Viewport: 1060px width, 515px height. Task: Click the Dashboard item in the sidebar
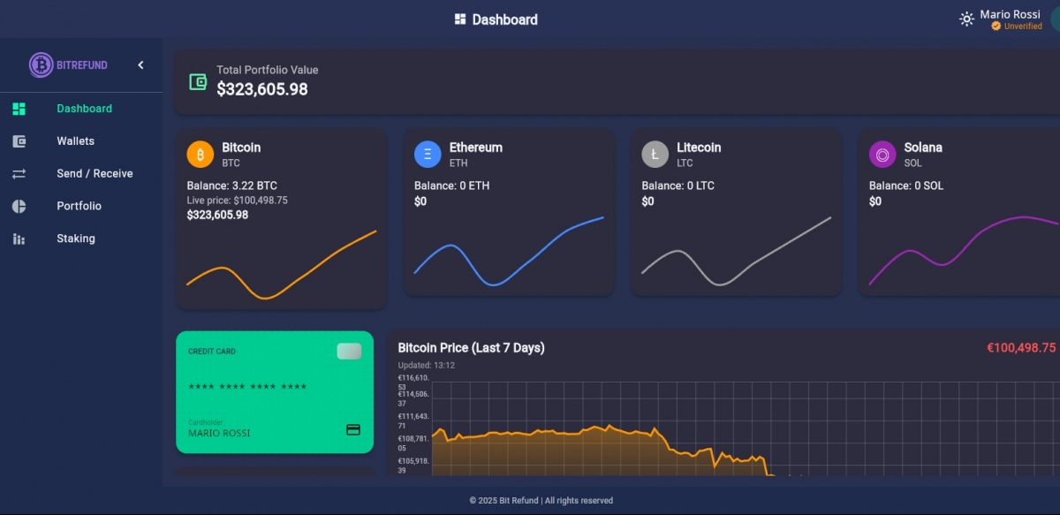pyautogui.click(x=84, y=109)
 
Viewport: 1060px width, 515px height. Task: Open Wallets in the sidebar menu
pyautogui.click(x=75, y=141)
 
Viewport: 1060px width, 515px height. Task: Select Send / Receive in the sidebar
pyautogui.click(x=95, y=174)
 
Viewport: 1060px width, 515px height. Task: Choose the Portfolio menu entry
pyautogui.click(x=79, y=206)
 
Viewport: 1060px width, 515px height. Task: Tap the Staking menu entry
pyautogui.click(x=75, y=239)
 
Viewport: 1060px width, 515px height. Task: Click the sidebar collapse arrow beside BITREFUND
pyautogui.click(x=140, y=64)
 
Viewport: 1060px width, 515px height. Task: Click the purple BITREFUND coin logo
pyautogui.click(x=41, y=64)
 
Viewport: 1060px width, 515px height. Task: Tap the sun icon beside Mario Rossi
pyautogui.click(x=966, y=19)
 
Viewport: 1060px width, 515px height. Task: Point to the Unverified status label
pyautogui.click(x=1023, y=27)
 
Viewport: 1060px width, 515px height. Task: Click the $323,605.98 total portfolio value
pyautogui.click(x=262, y=89)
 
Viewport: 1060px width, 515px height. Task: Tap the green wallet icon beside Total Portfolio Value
pyautogui.click(x=198, y=82)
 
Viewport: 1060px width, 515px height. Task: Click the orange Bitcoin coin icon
pyautogui.click(x=201, y=155)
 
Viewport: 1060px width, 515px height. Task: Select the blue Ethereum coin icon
pyautogui.click(x=428, y=155)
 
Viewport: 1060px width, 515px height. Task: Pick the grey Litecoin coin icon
pyautogui.click(x=655, y=155)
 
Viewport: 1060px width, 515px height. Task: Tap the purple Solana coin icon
pyautogui.click(x=882, y=155)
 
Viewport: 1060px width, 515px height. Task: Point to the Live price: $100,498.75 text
pyautogui.click(x=237, y=201)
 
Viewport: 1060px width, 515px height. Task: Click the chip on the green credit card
pyautogui.click(x=349, y=352)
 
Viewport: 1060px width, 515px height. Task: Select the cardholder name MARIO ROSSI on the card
pyautogui.click(x=219, y=433)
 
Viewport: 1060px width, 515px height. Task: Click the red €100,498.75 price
pyautogui.click(x=1020, y=348)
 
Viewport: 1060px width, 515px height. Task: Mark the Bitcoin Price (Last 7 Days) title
pyautogui.click(x=471, y=348)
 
